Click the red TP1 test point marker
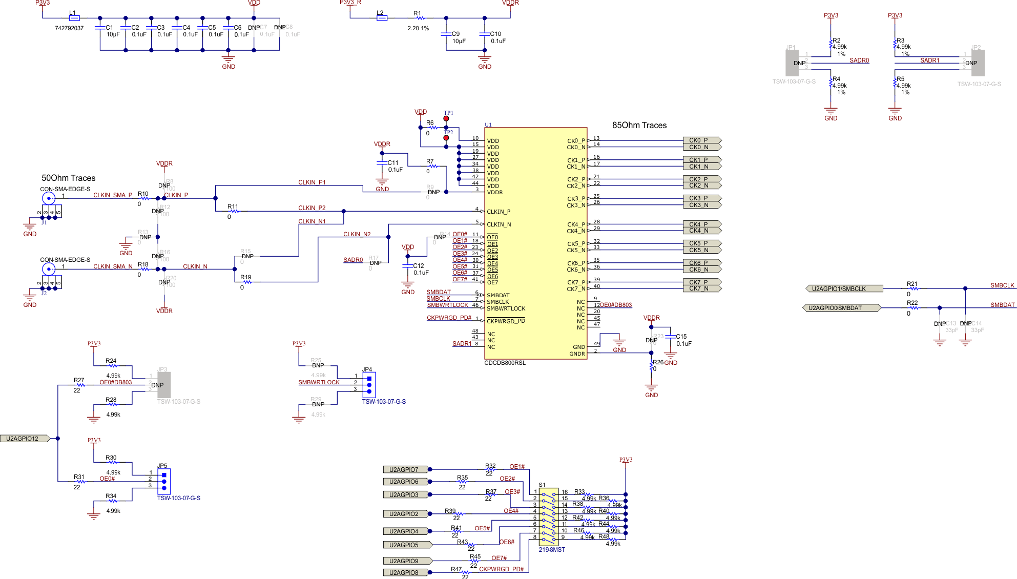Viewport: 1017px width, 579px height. [x=446, y=119]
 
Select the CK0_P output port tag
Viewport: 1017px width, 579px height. [x=701, y=140]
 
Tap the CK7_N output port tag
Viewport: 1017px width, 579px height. [x=701, y=289]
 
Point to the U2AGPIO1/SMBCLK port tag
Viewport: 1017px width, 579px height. [x=844, y=289]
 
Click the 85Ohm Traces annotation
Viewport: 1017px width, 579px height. [x=639, y=126]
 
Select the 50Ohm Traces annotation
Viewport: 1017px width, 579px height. [x=69, y=178]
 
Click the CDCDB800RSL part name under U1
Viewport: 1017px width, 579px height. [x=505, y=363]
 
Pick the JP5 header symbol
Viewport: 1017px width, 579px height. [x=164, y=481]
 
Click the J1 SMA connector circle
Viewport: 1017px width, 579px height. [x=48, y=198]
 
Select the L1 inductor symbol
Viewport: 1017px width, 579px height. [x=74, y=18]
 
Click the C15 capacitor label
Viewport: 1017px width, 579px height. [x=681, y=337]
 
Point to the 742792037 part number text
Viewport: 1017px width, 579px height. [x=69, y=29]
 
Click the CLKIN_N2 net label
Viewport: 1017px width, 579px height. [x=357, y=235]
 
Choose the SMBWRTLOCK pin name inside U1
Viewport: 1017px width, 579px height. [x=506, y=309]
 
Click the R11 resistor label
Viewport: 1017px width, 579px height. [x=233, y=207]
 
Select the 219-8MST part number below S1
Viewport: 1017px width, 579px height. [x=552, y=550]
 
